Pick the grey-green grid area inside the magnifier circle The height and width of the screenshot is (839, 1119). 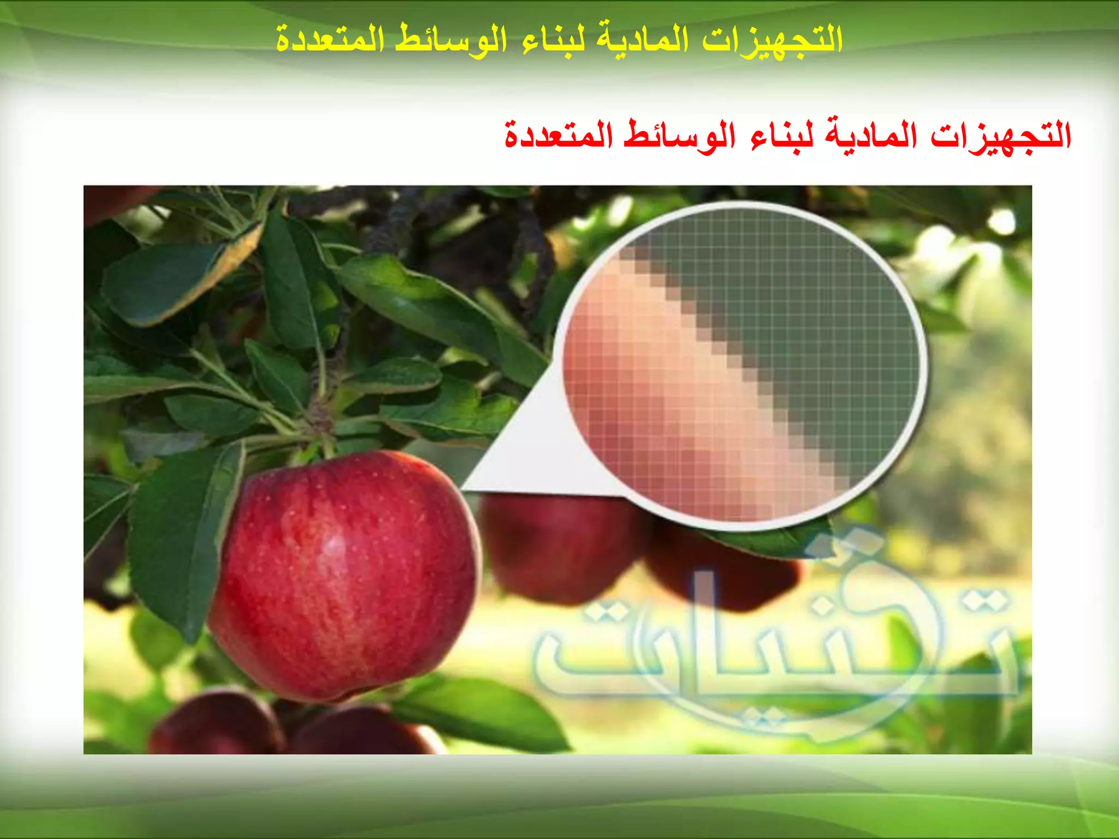pos(820,306)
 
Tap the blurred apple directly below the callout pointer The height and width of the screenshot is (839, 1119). pos(557,546)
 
